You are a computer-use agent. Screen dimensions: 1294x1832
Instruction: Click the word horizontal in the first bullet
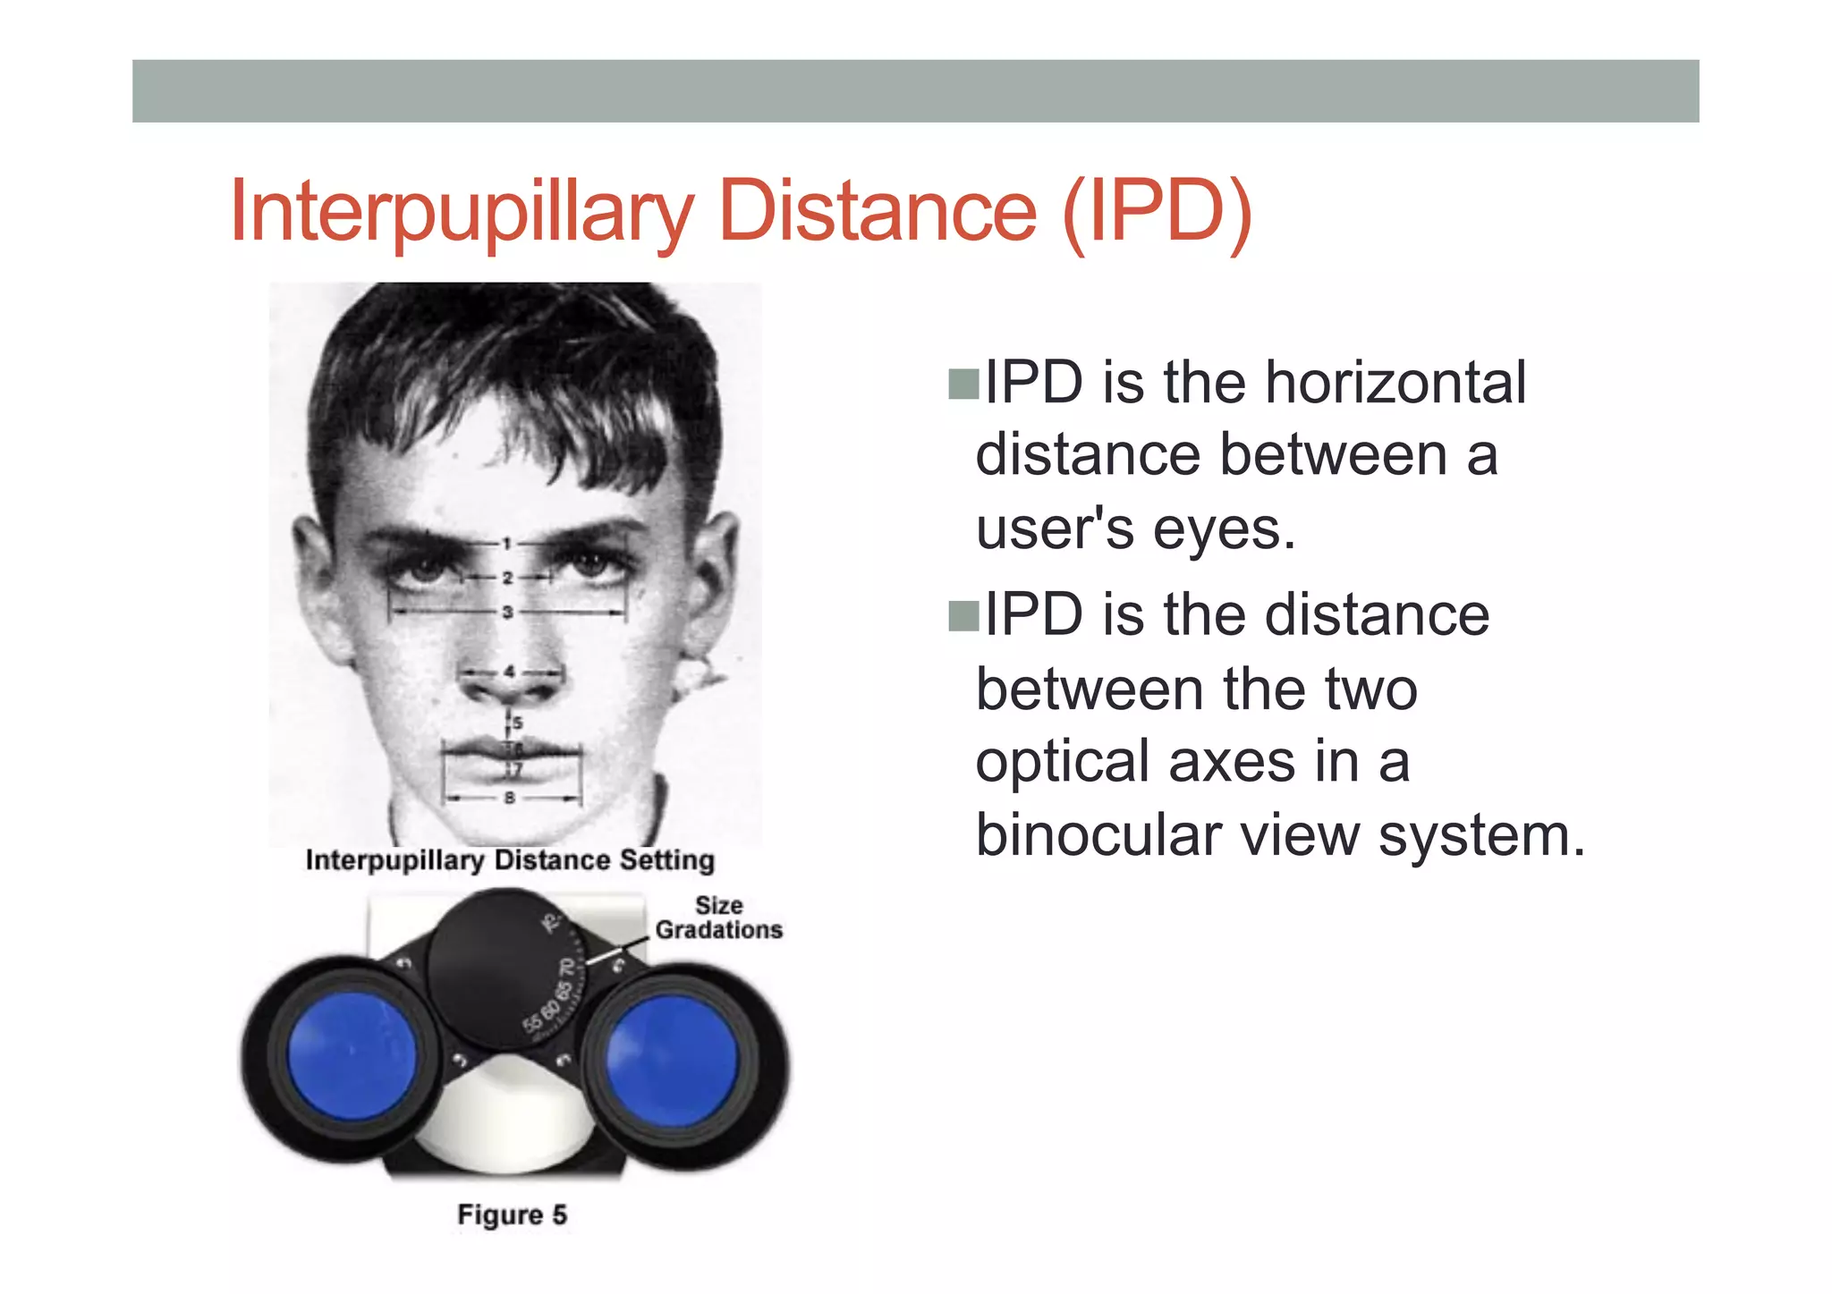point(1395,383)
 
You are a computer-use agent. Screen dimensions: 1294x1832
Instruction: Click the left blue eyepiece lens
point(352,1055)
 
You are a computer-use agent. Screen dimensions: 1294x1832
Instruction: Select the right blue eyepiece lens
point(672,1060)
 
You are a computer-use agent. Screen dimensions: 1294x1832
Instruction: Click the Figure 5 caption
point(512,1214)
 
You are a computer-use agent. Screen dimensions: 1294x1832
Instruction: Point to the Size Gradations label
point(718,918)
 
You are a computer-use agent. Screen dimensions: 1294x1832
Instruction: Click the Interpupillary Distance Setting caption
point(510,860)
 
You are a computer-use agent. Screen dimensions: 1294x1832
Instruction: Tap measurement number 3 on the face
point(507,613)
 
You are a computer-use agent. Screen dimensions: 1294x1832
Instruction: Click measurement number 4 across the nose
point(509,671)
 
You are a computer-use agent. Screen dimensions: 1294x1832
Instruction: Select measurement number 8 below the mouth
point(510,797)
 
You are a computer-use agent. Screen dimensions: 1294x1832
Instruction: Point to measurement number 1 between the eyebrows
point(506,543)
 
